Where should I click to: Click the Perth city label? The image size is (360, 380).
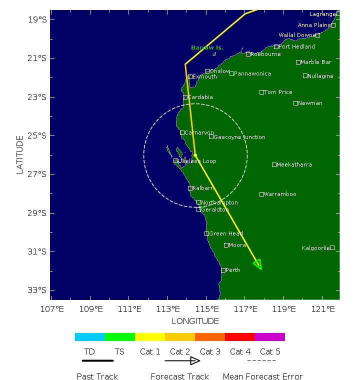point(233,270)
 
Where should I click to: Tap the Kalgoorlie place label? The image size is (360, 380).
point(315,248)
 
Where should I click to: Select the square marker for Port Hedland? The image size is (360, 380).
point(276,47)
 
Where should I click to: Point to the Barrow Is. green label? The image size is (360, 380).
point(207,48)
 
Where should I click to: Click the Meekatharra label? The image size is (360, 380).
point(294,164)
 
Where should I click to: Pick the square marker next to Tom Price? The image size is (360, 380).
point(261,92)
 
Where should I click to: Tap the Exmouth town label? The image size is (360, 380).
point(204,77)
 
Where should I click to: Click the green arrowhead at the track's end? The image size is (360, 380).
point(258,264)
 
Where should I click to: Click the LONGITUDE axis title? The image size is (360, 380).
point(195,321)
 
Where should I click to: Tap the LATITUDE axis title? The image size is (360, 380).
point(20,154)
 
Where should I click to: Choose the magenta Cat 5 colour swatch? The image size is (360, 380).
point(270,337)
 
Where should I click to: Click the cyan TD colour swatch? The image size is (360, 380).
point(90,337)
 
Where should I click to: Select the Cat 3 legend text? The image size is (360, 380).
point(210,352)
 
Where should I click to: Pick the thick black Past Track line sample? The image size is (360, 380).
point(97,360)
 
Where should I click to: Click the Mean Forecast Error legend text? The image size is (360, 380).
point(262,376)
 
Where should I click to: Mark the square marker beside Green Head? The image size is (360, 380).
point(206,233)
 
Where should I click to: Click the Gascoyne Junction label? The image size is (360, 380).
point(239,137)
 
